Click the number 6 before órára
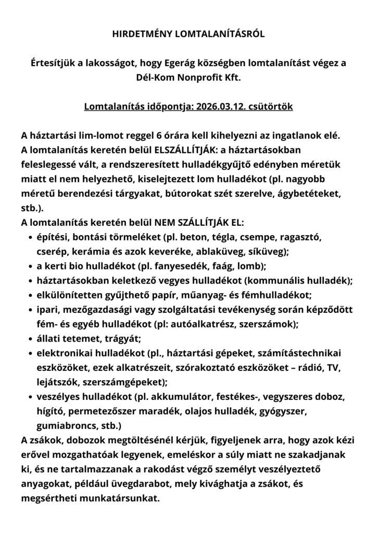pos(158,136)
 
